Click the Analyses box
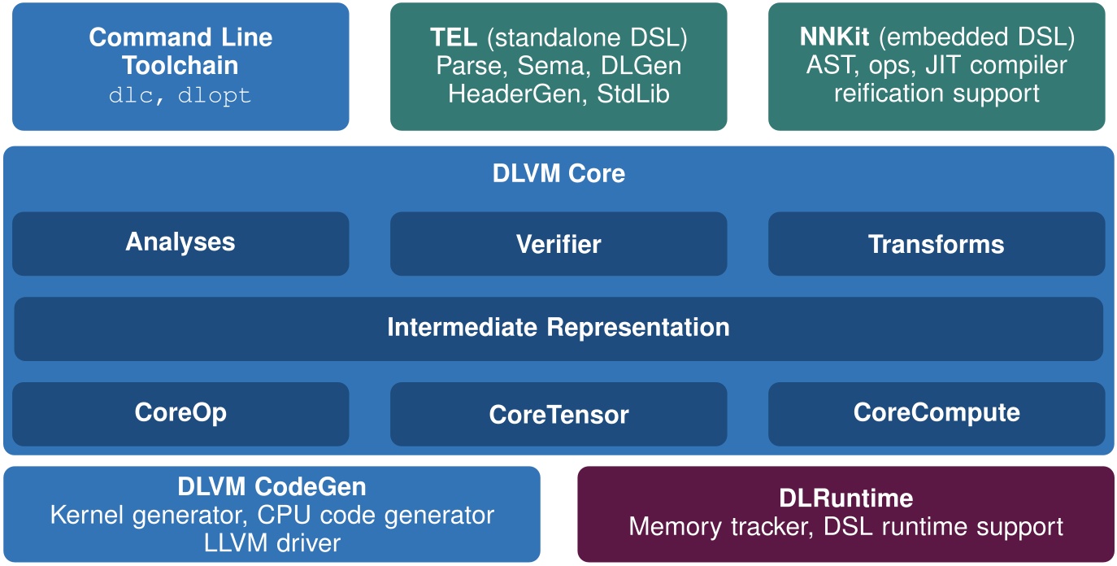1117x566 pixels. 180,243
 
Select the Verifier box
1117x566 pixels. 558,244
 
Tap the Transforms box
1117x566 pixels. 936,244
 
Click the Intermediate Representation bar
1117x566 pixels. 558,328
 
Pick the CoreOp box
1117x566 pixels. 180,413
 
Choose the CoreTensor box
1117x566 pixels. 558,415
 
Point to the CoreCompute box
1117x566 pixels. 936,413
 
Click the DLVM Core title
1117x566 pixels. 558,173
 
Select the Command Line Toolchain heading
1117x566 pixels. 180,50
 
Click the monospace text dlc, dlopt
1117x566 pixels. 180,95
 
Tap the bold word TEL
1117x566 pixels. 454,37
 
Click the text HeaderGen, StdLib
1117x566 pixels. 558,94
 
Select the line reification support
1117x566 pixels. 936,93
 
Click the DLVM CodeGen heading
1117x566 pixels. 272,487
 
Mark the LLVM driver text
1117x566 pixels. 272,542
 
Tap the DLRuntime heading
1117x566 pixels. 845,498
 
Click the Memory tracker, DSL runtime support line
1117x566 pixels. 845,526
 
